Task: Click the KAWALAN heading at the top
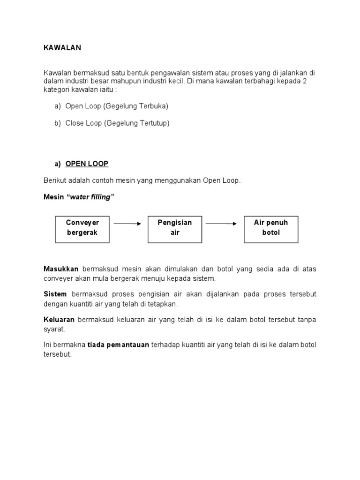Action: coord(62,48)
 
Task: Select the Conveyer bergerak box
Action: coord(82,229)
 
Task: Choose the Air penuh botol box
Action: coord(271,229)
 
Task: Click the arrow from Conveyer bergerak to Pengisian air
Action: coord(127,224)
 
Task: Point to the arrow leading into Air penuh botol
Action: coord(221,224)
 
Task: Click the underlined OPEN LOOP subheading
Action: coord(87,164)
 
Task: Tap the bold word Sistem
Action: coord(55,294)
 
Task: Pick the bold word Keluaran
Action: coord(60,320)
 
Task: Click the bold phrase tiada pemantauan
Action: coord(118,345)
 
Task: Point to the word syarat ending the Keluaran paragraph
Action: coord(54,329)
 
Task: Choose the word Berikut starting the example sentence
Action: coord(55,181)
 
